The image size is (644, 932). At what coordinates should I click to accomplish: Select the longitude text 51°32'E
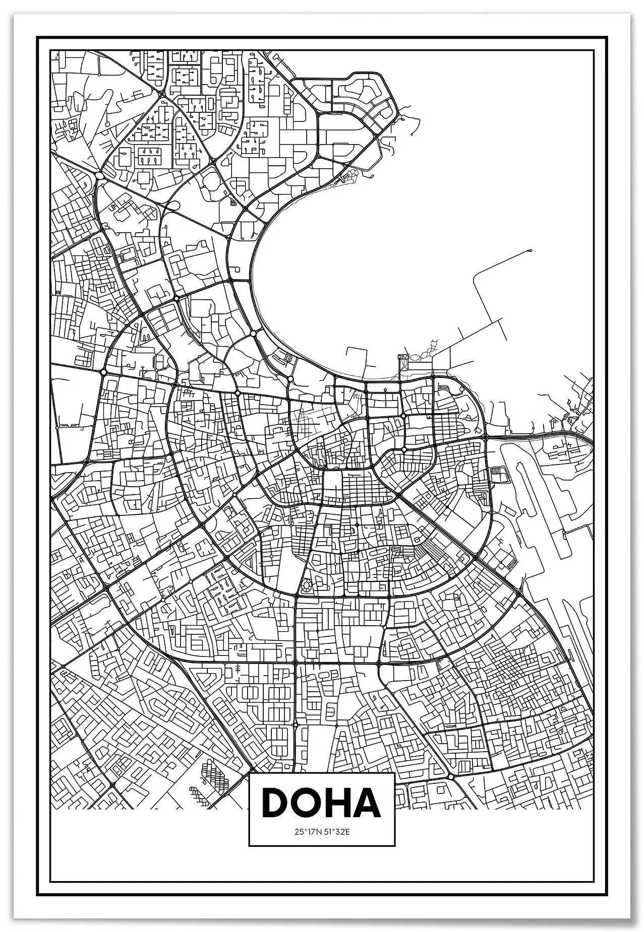pos(337,832)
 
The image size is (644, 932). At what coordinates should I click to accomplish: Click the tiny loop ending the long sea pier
pos(531,250)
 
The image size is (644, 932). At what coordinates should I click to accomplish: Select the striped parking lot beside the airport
pos(496,474)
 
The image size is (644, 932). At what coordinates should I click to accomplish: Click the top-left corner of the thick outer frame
pos(38,37)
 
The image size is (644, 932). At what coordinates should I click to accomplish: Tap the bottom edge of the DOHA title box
pos(322,845)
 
